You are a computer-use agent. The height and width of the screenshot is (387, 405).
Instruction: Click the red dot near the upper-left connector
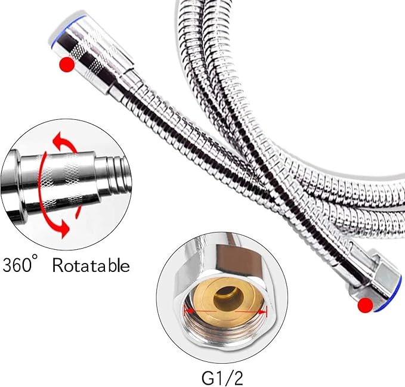pyautogui.click(x=67, y=64)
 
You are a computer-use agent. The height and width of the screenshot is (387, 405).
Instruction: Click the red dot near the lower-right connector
pyautogui.click(x=366, y=305)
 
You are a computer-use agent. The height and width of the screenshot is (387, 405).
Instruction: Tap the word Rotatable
pyautogui.click(x=91, y=265)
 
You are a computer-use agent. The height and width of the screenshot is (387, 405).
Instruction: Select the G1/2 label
pyautogui.click(x=222, y=378)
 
